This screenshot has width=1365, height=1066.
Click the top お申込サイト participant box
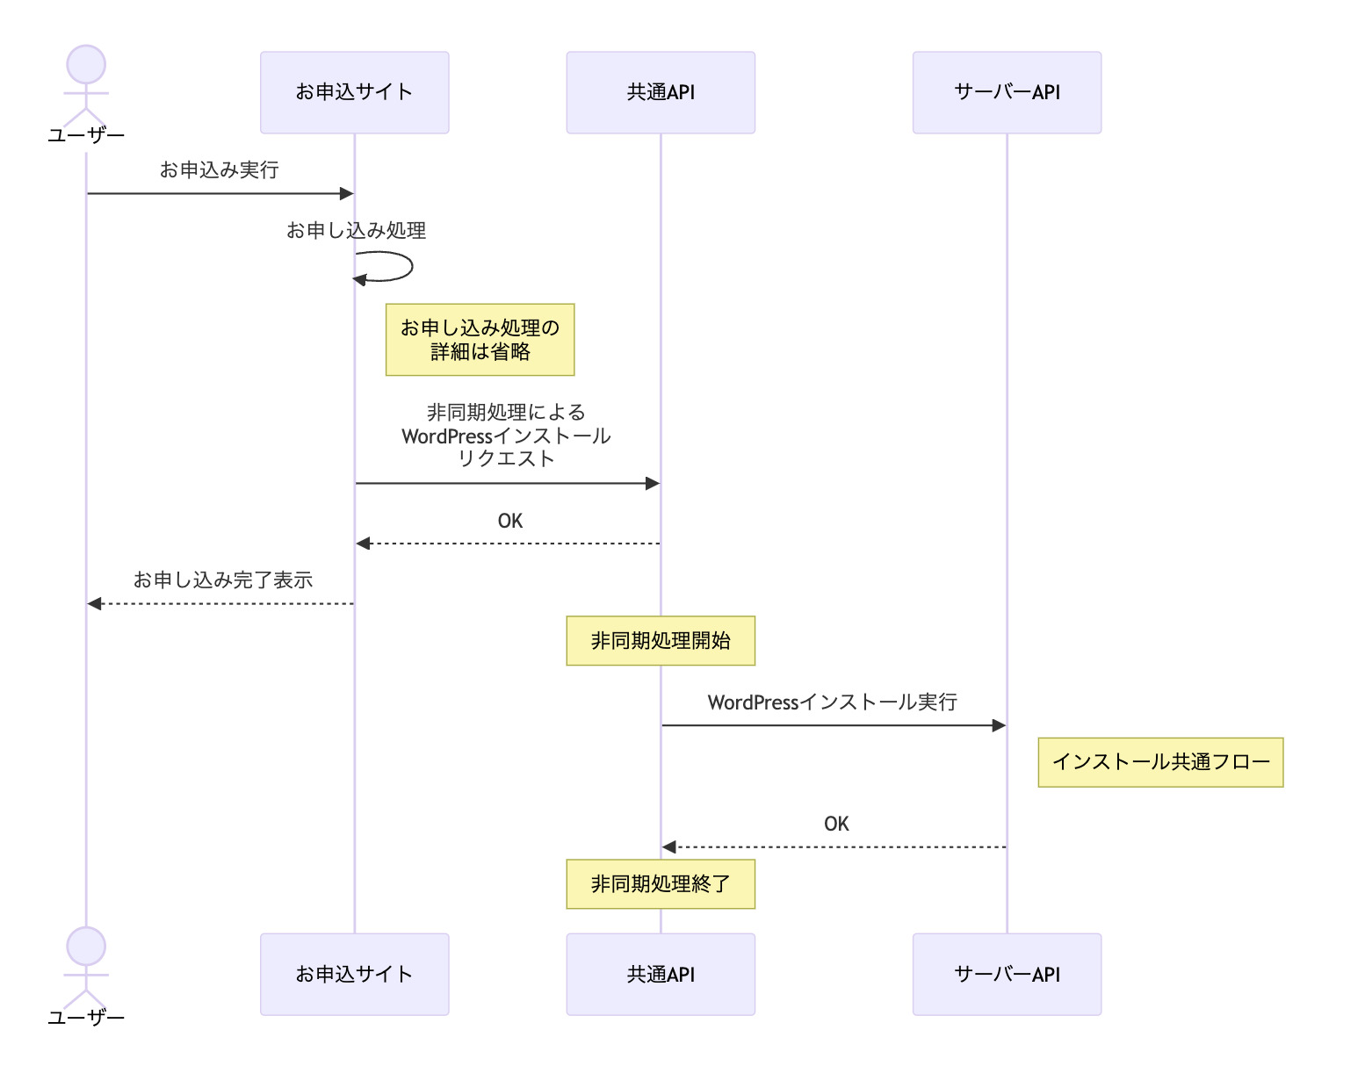pyautogui.click(x=354, y=92)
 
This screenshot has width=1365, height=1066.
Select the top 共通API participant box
pyautogui.click(x=661, y=92)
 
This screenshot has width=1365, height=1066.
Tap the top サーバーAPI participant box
pyautogui.click(x=1007, y=92)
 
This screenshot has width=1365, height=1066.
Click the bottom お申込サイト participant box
pyautogui.click(x=354, y=974)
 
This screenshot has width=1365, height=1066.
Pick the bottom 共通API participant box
pyautogui.click(x=661, y=974)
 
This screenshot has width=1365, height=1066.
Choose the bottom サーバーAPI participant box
pyautogui.click(x=1007, y=974)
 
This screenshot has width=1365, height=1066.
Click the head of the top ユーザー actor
pyautogui.click(x=86, y=65)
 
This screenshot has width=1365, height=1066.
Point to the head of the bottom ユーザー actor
pyautogui.click(x=86, y=947)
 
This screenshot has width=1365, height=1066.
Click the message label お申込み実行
pyautogui.click(x=220, y=169)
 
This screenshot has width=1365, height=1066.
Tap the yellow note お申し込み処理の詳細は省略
pyautogui.click(x=480, y=340)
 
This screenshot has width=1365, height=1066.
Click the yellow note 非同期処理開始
pyautogui.click(x=661, y=641)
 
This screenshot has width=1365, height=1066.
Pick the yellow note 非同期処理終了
pyautogui.click(x=661, y=883)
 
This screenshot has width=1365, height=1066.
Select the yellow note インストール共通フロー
pyautogui.click(x=1160, y=762)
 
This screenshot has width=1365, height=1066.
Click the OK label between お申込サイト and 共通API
pyautogui.click(x=509, y=521)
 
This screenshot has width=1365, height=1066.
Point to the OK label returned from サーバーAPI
pyautogui.click(x=836, y=824)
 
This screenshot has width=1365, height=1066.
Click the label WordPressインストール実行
pyautogui.click(x=832, y=702)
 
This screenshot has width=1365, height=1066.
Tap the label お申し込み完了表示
pyautogui.click(x=223, y=580)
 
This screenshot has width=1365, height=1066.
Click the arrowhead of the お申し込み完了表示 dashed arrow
pyautogui.click(x=94, y=604)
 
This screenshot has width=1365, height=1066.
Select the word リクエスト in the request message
pyautogui.click(x=506, y=459)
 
